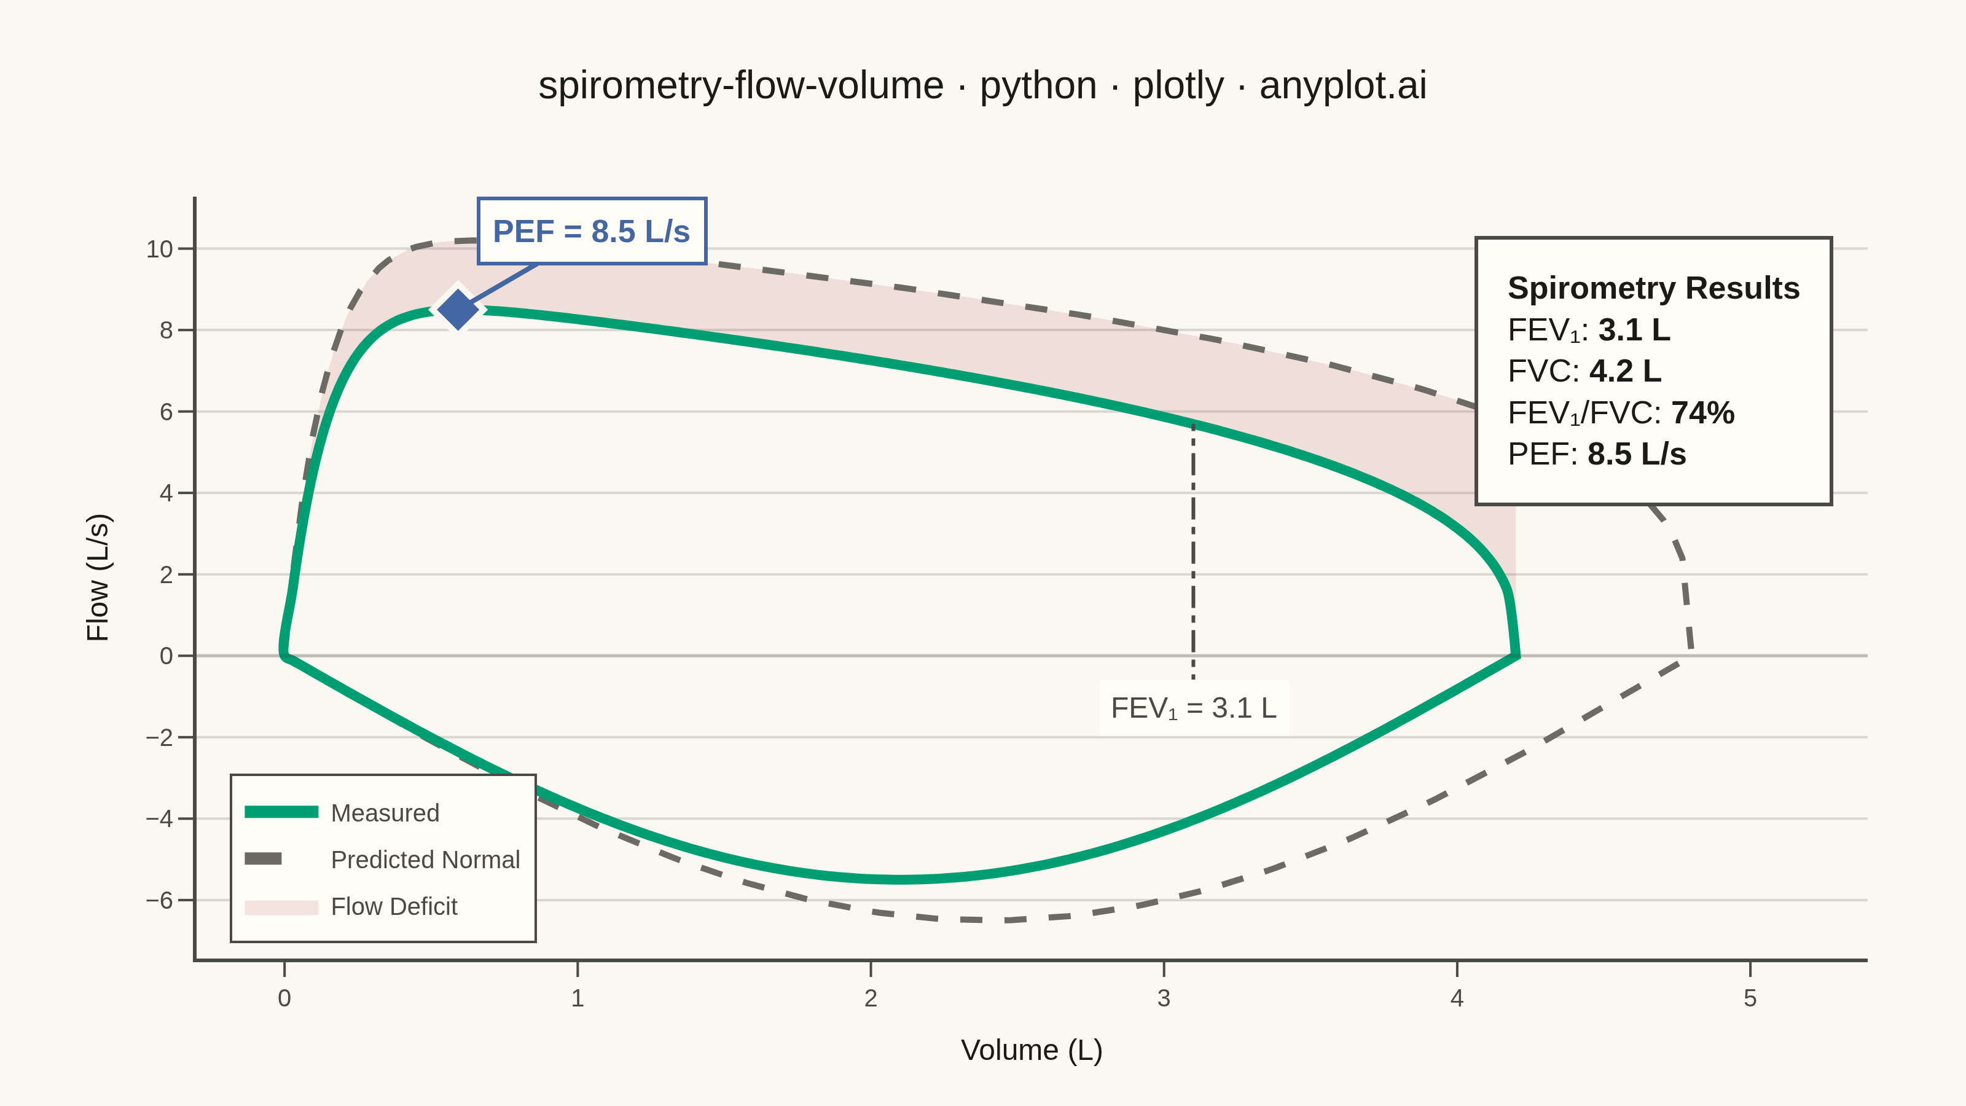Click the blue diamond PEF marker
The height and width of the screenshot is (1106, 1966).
(458, 310)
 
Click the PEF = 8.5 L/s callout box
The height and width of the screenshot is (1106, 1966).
(592, 231)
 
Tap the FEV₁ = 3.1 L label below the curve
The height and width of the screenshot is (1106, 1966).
(1194, 708)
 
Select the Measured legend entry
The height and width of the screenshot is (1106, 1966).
(342, 813)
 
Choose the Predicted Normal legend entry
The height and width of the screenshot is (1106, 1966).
(382, 860)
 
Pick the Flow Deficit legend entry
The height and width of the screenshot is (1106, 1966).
(351, 906)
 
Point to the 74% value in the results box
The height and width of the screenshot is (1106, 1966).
(1702, 413)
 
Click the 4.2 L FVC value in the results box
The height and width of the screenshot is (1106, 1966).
(1626, 371)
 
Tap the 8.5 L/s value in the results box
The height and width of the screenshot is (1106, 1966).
(1637, 454)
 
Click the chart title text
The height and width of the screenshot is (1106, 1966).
(982, 85)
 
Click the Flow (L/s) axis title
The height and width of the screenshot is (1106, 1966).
(98, 577)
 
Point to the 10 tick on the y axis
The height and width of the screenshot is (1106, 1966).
(160, 249)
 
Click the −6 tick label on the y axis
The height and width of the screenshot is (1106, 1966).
(160, 900)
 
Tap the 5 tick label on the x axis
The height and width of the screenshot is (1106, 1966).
(1750, 998)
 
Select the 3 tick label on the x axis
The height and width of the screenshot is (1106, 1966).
(1164, 998)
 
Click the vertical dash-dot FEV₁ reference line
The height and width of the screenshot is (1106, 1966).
(1194, 549)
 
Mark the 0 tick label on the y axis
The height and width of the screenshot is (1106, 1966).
(166, 656)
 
